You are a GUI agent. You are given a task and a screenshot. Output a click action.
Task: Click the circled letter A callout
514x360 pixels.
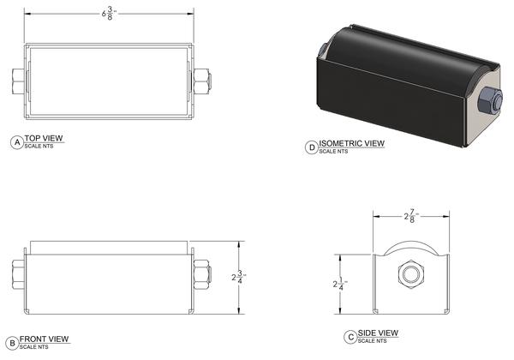(x=15, y=141)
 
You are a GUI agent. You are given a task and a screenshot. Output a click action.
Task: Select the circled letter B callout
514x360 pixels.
(x=10, y=342)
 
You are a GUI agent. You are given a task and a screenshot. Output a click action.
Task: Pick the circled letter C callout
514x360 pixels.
(x=351, y=336)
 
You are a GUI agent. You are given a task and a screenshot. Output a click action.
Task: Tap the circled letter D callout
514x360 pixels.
(x=311, y=146)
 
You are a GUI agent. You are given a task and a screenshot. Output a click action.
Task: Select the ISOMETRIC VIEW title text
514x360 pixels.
(x=351, y=143)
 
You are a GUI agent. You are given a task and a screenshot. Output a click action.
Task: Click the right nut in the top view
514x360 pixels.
(x=202, y=83)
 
